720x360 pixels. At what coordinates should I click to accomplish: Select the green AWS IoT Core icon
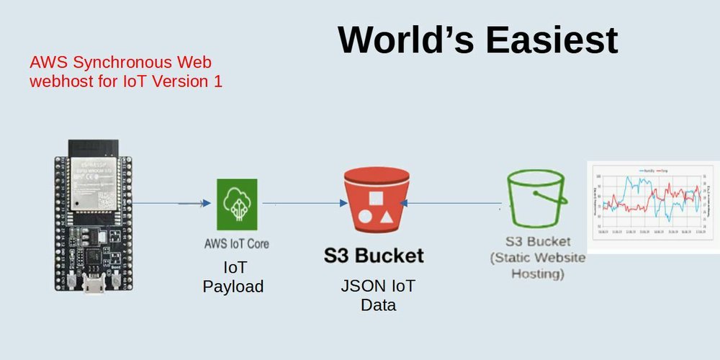click(237, 204)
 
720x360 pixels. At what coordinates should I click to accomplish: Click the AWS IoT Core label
click(237, 243)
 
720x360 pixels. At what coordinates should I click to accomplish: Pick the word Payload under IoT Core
click(233, 287)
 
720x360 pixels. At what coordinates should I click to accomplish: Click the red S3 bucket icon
click(377, 204)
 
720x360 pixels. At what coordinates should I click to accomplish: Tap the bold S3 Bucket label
click(373, 255)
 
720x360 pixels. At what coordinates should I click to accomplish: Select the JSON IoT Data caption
click(378, 295)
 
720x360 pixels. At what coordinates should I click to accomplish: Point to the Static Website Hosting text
click(538, 266)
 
